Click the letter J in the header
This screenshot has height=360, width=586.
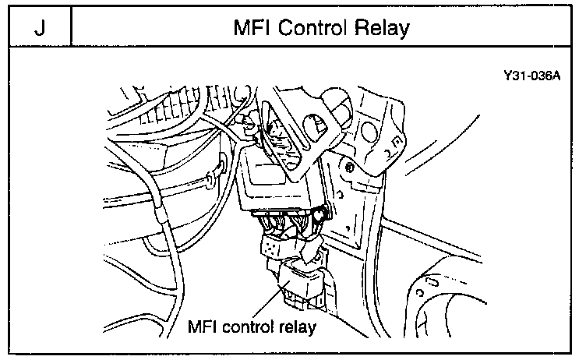(x=38, y=29)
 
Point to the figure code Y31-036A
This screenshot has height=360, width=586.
(x=531, y=79)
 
